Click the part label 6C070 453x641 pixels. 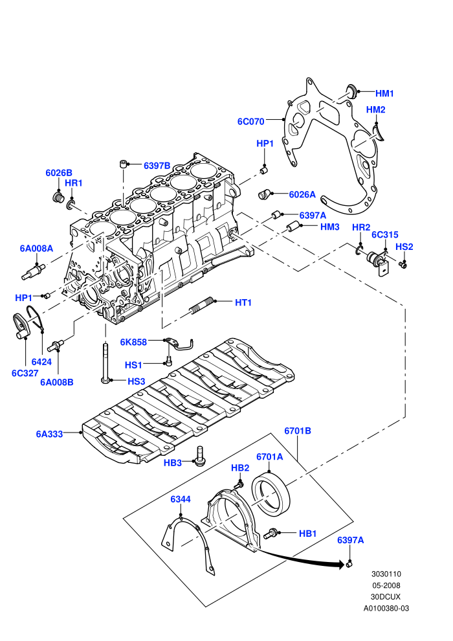point(251,122)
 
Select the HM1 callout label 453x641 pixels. point(384,94)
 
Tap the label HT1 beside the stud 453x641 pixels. point(243,302)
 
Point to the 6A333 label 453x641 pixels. point(49,434)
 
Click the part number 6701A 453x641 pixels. point(270,457)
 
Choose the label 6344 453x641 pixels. point(181,499)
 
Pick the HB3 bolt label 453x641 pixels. point(172,463)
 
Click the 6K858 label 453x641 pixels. point(133,342)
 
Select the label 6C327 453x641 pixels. point(25,373)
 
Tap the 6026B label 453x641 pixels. point(59,173)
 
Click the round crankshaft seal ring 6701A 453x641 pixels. point(271,495)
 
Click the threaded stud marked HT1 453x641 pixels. point(202,306)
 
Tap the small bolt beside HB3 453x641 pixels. point(199,455)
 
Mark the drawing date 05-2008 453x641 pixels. point(386,585)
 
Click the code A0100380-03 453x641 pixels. point(386,608)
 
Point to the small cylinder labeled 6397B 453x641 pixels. point(122,164)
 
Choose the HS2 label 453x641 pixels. point(404,247)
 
